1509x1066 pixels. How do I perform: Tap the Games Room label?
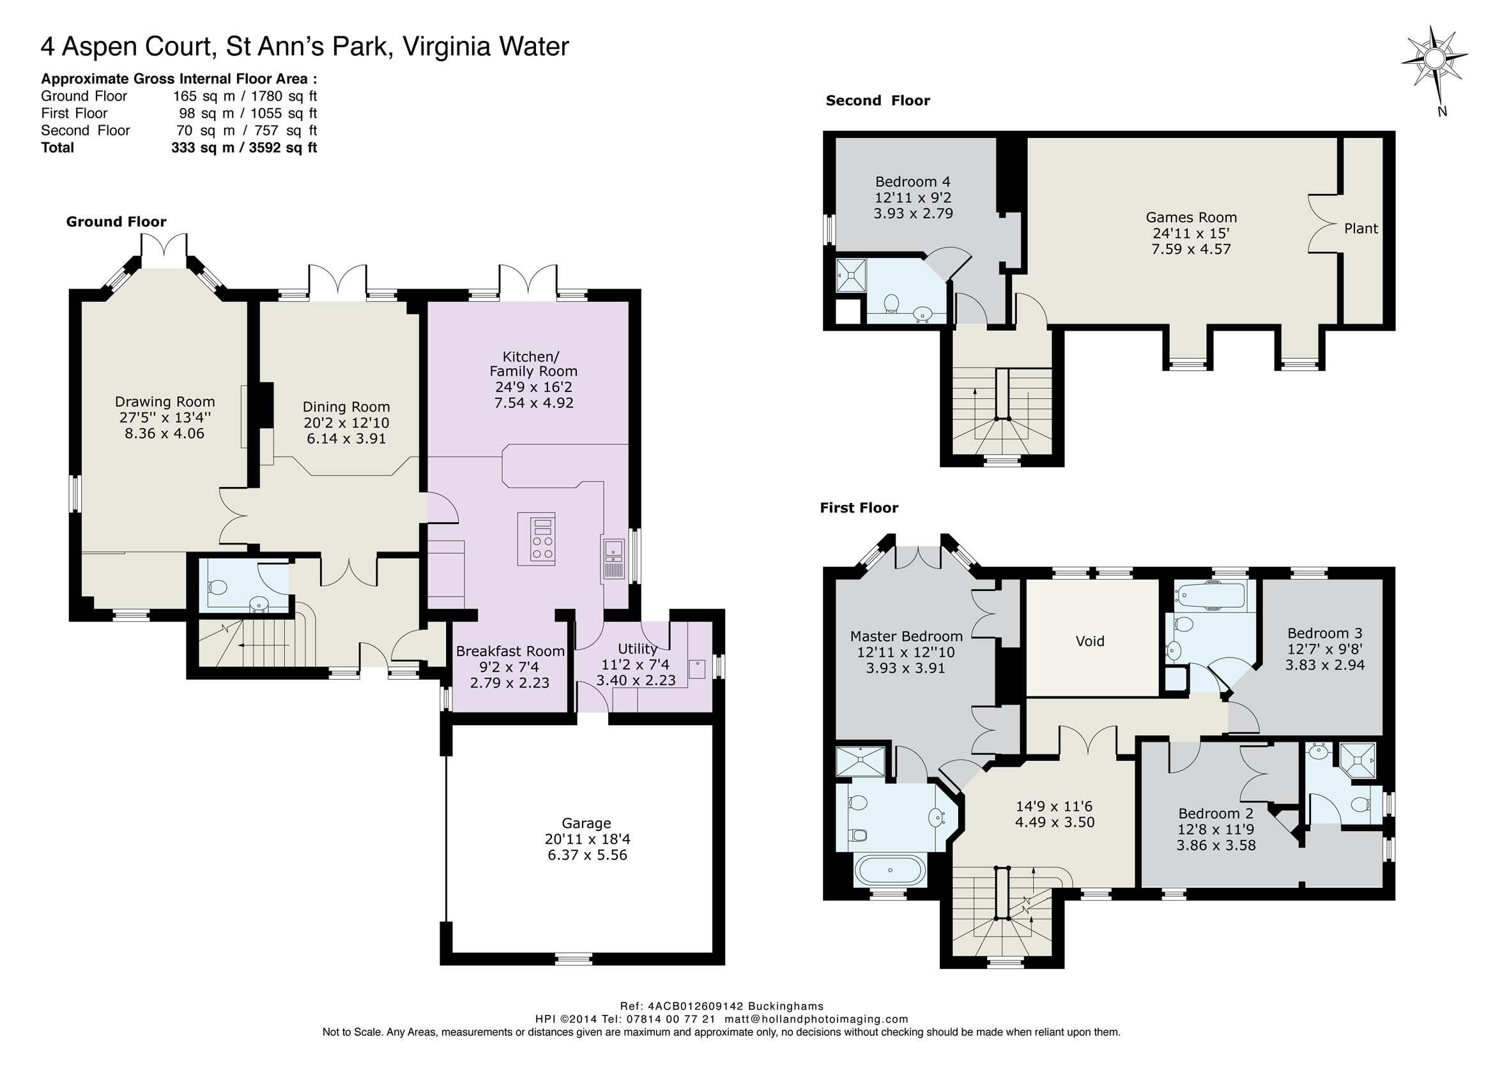coord(1191,218)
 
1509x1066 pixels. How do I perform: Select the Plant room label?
coord(1361,229)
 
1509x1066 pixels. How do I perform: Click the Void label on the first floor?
coord(1090,641)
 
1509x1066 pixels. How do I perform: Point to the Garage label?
coord(586,823)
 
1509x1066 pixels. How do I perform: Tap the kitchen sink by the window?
coord(613,559)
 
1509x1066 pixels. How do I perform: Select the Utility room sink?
coord(696,668)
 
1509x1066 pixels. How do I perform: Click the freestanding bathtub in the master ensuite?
coord(891,869)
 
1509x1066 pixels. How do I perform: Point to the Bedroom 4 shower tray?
coord(851,274)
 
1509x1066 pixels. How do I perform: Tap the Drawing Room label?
coord(165,402)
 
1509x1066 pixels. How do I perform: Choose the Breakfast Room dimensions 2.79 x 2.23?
coord(509,683)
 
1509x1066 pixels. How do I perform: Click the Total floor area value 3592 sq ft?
coord(283,148)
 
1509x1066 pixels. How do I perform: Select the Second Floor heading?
coord(878,100)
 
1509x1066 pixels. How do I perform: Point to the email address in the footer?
coord(816,1019)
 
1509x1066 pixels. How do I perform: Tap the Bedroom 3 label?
coord(1324,633)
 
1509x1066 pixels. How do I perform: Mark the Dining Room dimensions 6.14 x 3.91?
coord(346,439)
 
